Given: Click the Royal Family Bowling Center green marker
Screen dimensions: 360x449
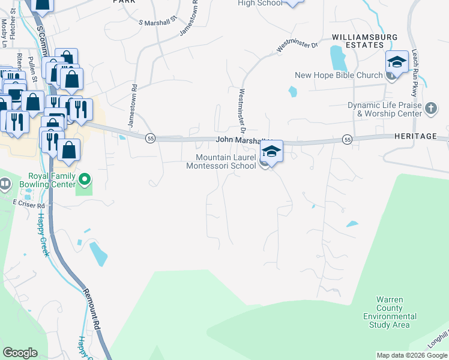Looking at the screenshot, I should click(85, 179).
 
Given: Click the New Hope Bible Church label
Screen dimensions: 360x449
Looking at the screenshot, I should click(338, 75).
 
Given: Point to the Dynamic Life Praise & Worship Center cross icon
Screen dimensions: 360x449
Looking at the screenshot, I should click(430, 109).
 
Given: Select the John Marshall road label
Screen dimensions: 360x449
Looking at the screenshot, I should click(240, 139).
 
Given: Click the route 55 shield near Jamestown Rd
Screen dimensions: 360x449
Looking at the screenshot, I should click(150, 138).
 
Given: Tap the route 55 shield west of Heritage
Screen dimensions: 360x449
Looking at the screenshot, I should click(347, 139).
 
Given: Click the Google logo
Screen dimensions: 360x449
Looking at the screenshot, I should click(20, 353).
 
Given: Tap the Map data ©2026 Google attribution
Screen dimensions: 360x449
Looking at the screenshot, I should click(412, 355).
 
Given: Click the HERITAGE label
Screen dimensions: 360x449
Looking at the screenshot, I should click(415, 136).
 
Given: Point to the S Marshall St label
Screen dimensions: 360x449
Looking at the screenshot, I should click(158, 20).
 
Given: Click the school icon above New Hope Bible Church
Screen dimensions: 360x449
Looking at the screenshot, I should click(397, 62).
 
